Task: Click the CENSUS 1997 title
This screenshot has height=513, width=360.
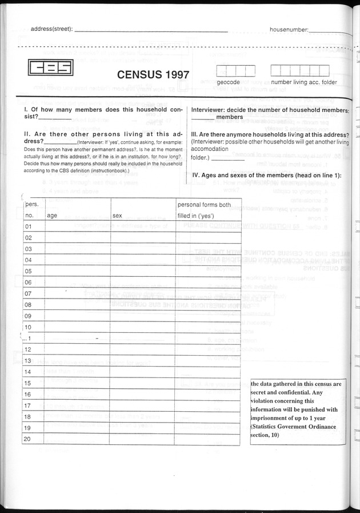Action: pyautogui.click(x=154, y=74)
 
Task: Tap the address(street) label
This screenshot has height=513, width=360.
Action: pyautogui.click(x=51, y=29)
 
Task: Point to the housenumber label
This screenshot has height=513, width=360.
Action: pyautogui.click(x=289, y=29)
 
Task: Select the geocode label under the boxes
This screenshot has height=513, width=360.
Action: pyautogui.click(x=227, y=82)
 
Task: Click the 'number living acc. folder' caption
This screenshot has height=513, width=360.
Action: pyautogui.click(x=303, y=82)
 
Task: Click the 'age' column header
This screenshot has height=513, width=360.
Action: pyautogui.click(x=52, y=216)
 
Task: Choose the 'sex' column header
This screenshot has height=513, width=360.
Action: pyautogui.click(x=118, y=216)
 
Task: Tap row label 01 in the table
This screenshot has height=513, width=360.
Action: pyautogui.click(x=28, y=226)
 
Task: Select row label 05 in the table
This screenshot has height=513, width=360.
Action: pyautogui.click(x=28, y=271)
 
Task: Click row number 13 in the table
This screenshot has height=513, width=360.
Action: pyautogui.click(x=28, y=360)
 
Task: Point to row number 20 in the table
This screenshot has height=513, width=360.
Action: pyautogui.click(x=28, y=439)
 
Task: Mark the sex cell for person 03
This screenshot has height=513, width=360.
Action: pyautogui.click(x=142, y=249)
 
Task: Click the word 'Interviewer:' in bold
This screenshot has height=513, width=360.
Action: pyautogui.click(x=212, y=109)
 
